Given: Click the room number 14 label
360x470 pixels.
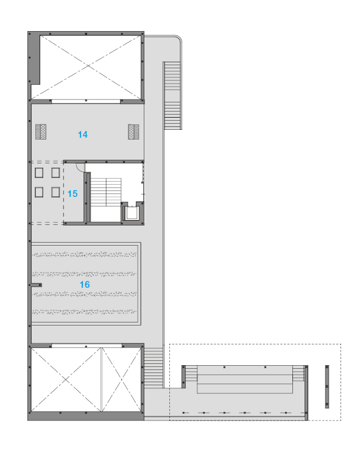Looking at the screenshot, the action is tap(83, 135).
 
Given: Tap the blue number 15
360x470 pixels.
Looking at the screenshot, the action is tap(72, 194).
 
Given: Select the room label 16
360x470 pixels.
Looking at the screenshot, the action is tap(85, 285).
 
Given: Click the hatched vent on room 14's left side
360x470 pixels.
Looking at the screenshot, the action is tap(41, 132).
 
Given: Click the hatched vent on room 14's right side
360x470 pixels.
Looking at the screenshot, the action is tap(133, 132).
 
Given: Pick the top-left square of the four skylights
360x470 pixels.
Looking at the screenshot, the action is tap(39, 173).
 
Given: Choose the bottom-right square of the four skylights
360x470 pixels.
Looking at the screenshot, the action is tap(55, 192).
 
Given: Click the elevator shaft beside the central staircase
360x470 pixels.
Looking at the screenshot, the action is tap(132, 212).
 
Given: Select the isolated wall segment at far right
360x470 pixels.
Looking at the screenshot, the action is tap(327, 386).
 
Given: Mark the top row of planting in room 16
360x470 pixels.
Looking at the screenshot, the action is tap(85, 255).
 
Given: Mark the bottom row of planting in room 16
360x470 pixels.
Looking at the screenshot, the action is tap(85, 312).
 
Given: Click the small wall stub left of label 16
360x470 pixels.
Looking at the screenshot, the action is tap(36, 285).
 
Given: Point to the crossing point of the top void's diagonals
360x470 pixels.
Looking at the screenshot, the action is tap(88, 65).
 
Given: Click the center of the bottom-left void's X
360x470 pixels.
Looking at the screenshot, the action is tap(66, 380).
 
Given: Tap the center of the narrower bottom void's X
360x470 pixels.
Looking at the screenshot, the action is tap(122, 380).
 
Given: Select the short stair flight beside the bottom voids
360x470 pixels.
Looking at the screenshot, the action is tap(154, 368).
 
